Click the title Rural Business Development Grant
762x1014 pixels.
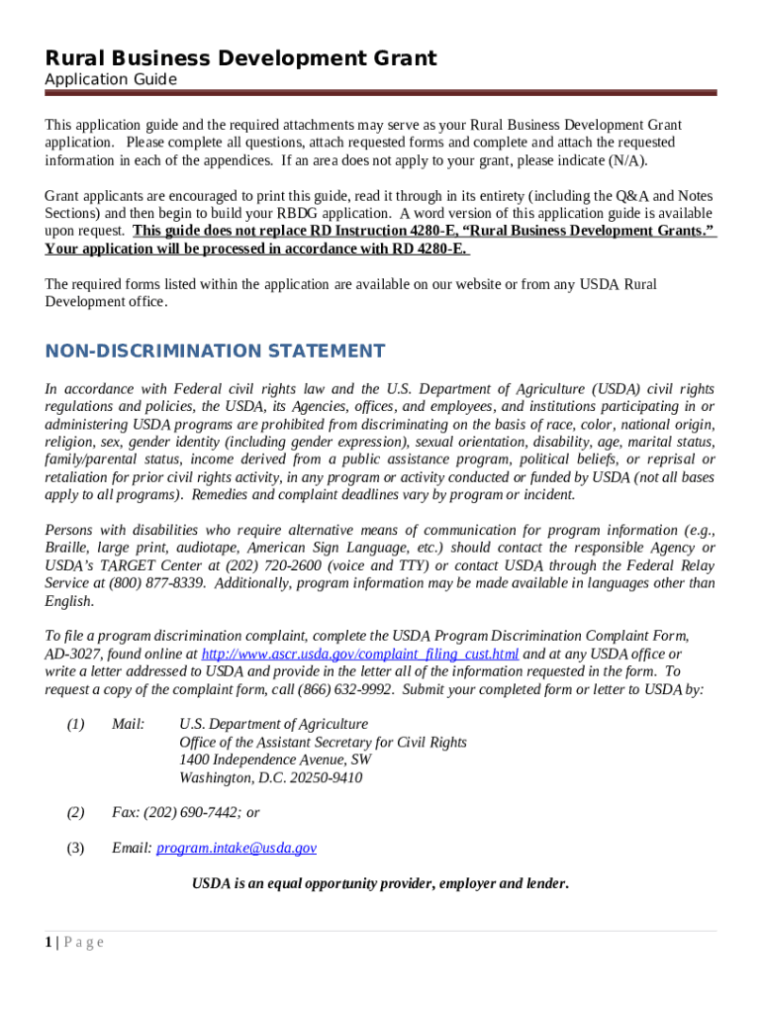[240, 58]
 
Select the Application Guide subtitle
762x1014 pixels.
[111, 79]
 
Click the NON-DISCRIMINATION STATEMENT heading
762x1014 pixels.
[215, 352]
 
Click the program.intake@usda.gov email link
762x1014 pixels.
[237, 848]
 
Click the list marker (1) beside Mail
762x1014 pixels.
[75, 725]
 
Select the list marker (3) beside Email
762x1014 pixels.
[75, 848]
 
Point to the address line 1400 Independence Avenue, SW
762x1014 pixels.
[275, 760]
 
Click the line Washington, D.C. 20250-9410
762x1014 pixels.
[270, 778]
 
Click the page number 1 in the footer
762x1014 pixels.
[48, 943]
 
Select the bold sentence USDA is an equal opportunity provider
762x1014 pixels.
[380, 883]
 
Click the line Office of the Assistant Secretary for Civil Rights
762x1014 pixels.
[323, 743]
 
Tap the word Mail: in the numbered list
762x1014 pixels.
[129, 725]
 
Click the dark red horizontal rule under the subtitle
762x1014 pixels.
[380, 93]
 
